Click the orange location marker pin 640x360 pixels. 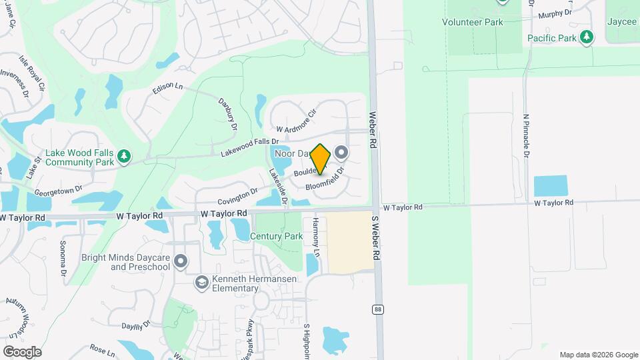coord(321,159)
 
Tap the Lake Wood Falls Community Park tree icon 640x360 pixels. coord(123,157)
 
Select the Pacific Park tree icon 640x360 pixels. coord(587,37)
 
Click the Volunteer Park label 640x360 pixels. coord(472,21)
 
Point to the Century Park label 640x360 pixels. coord(276,236)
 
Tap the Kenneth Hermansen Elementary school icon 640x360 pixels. coord(201,283)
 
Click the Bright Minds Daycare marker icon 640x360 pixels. coord(181,261)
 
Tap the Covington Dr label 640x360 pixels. coord(238,196)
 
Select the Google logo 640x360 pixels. coord(22,351)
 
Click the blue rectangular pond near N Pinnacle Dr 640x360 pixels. coord(550,186)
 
